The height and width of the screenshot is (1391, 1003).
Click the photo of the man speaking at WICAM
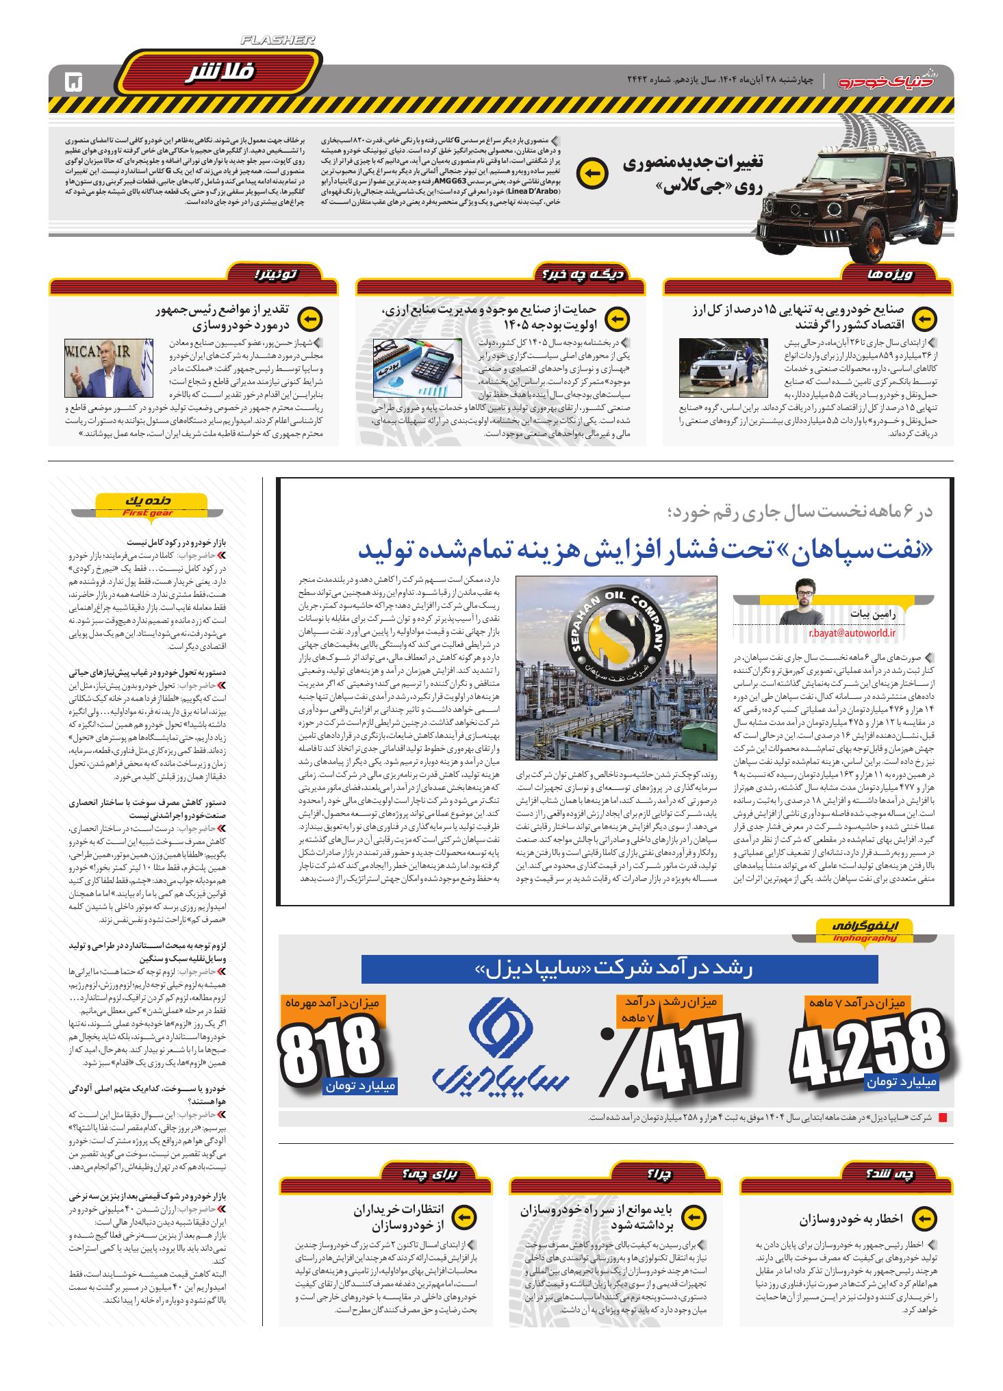pos(108,368)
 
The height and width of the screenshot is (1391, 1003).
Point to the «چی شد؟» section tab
pos(896,1174)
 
